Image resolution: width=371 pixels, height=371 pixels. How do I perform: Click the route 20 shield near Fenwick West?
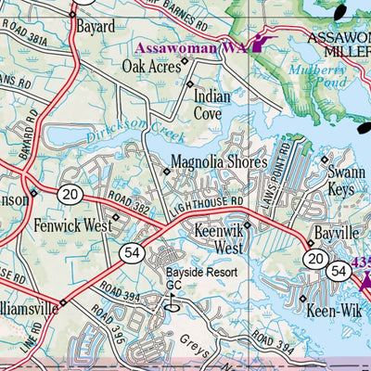click(x=70, y=193)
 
